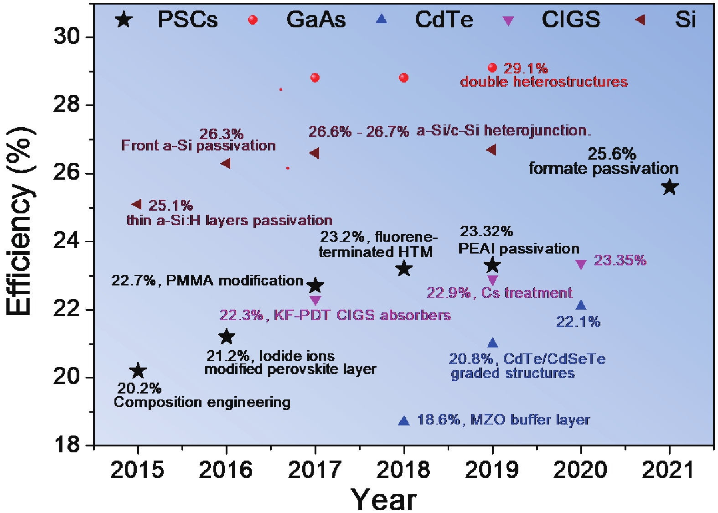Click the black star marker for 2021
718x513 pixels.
pyautogui.click(x=669, y=187)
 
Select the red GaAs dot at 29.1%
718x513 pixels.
pyautogui.click(x=492, y=68)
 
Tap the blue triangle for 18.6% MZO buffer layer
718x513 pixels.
pyautogui.click(x=404, y=421)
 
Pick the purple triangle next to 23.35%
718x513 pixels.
pyautogui.click(x=581, y=264)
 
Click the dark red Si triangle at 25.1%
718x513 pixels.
pyautogui.click(x=137, y=204)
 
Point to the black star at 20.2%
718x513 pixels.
pyautogui.click(x=138, y=371)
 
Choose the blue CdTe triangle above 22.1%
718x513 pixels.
pyautogui.click(x=581, y=305)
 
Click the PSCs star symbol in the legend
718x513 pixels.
pyautogui.click(x=124, y=20)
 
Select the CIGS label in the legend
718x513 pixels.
pyautogui.click(x=571, y=20)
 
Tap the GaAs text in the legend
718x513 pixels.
pyautogui.click(x=316, y=20)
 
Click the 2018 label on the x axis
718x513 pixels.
pyautogui.click(x=403, y=469)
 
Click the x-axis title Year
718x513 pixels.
pyautogui.click(x=383, y=499)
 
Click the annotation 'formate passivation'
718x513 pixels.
pyautogui.click(x=603, y=169)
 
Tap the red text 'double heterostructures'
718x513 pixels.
pyautogui.click(x=544, y=82)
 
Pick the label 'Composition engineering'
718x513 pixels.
pyautogui.click(x=202, y=402)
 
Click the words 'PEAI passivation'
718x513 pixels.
pyautogui.click(x=519, y=249)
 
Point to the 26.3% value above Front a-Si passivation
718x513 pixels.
pyautogui.click(x=221, y=134)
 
